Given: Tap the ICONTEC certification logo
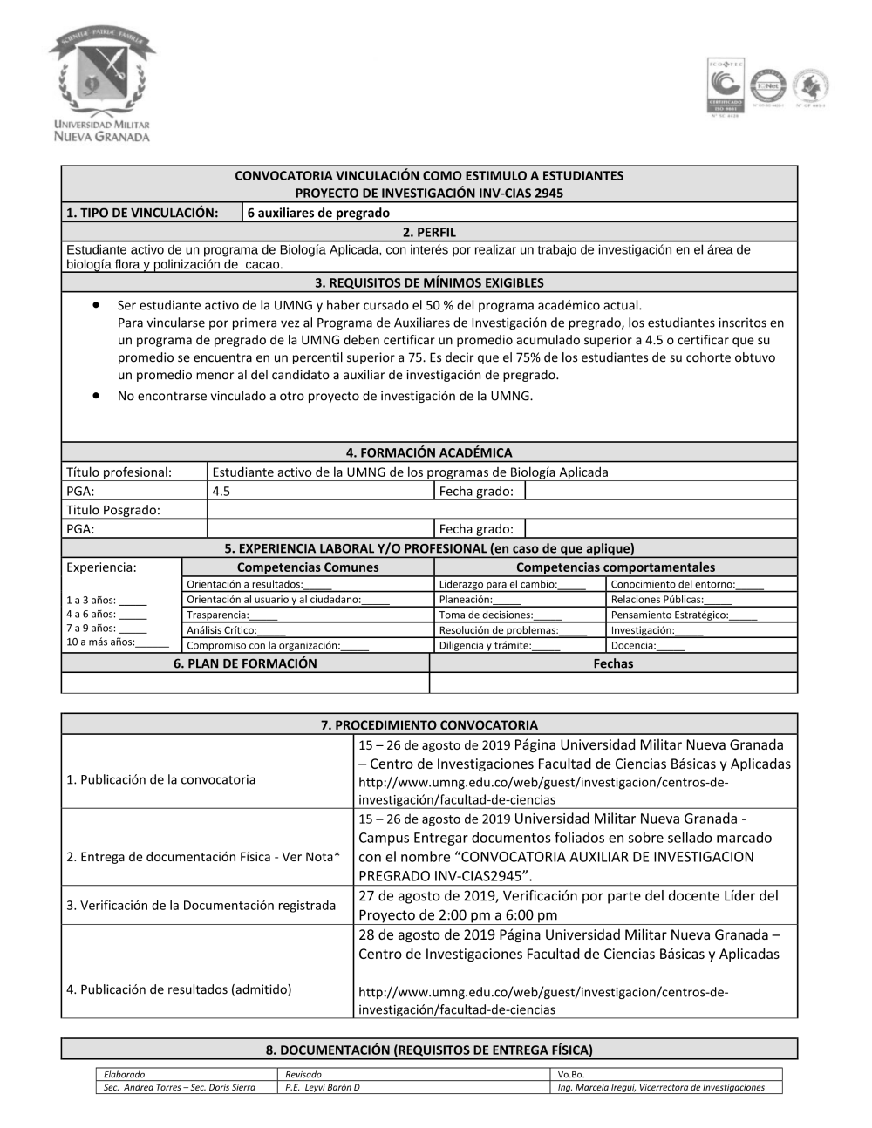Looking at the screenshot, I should coord(724,88).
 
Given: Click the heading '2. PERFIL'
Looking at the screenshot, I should coord(429,232).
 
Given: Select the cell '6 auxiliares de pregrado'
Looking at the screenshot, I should coord(318,213).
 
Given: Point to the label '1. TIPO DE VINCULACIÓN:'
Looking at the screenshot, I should coord(141,213).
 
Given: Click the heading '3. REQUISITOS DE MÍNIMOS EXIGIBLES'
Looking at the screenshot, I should coord(429,282).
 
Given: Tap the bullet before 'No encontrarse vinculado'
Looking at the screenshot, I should coord(95,396).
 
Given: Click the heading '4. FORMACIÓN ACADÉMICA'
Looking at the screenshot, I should coord(429,452).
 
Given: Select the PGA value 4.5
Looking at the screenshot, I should coord(221,491).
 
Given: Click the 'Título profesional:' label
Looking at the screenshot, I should coord(119,472).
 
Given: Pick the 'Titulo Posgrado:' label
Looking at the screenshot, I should coord(113,510).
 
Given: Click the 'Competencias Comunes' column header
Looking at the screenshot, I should coord(308,567).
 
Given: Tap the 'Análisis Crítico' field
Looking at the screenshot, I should coord(236,630).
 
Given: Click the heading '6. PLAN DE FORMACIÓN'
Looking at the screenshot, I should coord(245,663).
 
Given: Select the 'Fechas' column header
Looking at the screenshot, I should coord(613,663).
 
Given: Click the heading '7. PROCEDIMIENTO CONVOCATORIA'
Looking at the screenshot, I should coord(429,724).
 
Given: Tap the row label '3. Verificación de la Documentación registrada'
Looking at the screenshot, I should coord(201,906).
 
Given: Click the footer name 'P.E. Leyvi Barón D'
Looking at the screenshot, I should coord(323,1087).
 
